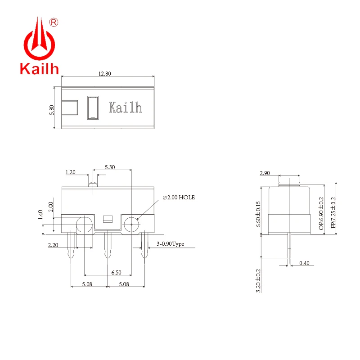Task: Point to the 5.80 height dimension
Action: coord(52,110)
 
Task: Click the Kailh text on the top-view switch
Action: coord(126,108)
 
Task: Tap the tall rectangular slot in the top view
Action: coord(93,108)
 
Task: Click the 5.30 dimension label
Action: coord(110,167)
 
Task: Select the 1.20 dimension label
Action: coord(71,172)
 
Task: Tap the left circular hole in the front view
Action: coord(84,224)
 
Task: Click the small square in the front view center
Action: coord(107,220)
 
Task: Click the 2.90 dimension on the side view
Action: coord(265,173)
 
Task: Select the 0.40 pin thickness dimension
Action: coord(304,263)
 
